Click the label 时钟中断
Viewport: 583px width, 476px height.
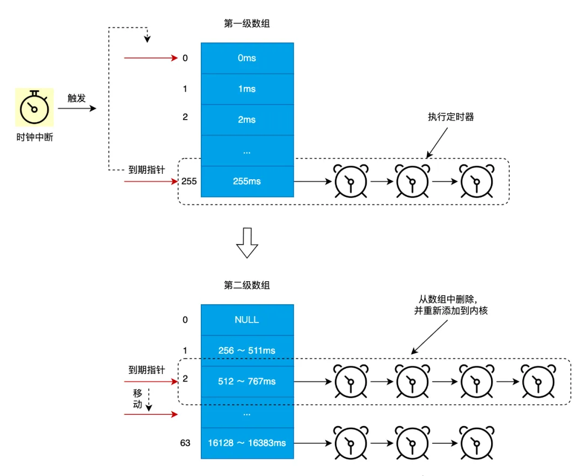pos(34,138)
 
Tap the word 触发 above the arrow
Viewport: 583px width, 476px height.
pos(76,98)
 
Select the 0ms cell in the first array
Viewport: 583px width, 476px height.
pos(247,58)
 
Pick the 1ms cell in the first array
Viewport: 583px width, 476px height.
pos(247,89)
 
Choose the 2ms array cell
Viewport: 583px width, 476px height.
pos(247,120)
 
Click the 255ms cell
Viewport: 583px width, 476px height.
pos(247,181)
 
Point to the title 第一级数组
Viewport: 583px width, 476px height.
pos(247,24)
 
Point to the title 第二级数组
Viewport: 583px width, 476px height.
pos(247,285)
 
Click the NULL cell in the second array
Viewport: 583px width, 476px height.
pos(247,320)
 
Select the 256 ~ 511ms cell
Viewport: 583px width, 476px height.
pos(247,350)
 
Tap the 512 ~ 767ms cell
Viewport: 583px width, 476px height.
pos(247,382)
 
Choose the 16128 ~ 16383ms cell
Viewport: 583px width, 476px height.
pos(247,443)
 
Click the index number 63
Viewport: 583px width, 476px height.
pos(185,443)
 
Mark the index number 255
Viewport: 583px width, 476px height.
pos(189,181)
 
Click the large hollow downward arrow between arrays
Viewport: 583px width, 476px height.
pos(247,242)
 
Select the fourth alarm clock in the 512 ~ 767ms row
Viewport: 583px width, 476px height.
pos(537,382)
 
